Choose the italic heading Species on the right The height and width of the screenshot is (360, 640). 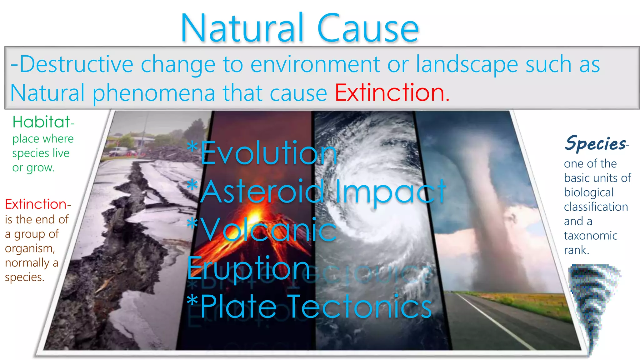coord(596,144)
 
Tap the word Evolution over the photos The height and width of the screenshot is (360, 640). coord(269,153)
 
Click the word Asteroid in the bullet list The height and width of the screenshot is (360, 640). coord(262,191)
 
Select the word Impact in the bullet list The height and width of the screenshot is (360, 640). coord(391,191)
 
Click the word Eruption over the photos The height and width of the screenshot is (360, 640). coord(249,268)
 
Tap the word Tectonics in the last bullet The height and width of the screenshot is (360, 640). coord(359,307)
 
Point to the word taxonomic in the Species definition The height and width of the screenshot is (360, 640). coord(591,236)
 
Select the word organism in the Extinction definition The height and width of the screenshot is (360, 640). coord(30,249)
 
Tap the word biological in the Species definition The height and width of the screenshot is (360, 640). coord(589,192)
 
